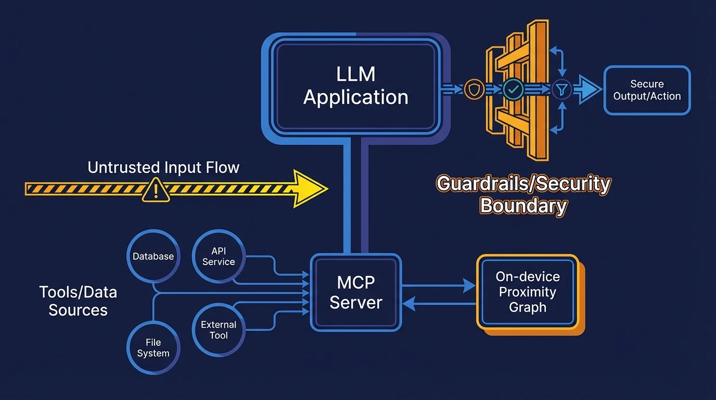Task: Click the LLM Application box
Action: click(x=356, y=86)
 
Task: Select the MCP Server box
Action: click(x=356, y=292)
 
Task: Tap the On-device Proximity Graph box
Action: click(x=528, y=292)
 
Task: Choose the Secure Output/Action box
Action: click(x=647, y=90)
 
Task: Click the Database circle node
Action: click(x=153, y=256)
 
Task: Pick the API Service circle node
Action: click(x=219, y=257)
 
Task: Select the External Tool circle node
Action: click(x=219, y=329)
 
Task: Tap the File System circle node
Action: click(x=153, y=347)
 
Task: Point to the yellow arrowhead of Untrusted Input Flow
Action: click(x=310, y=189)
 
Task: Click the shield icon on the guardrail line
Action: click(x=474, y=90)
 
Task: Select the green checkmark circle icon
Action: click(x=513, y=90)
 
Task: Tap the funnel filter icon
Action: click(x=561, y=90)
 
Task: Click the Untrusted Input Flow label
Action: click(x=163, y=167)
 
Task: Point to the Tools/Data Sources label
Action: click(x=78, y=301)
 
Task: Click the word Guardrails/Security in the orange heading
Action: click(x=523, y=184)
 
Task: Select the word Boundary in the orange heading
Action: click(x=523, y=206)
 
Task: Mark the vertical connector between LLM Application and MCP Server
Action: click(x=356, y=198)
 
